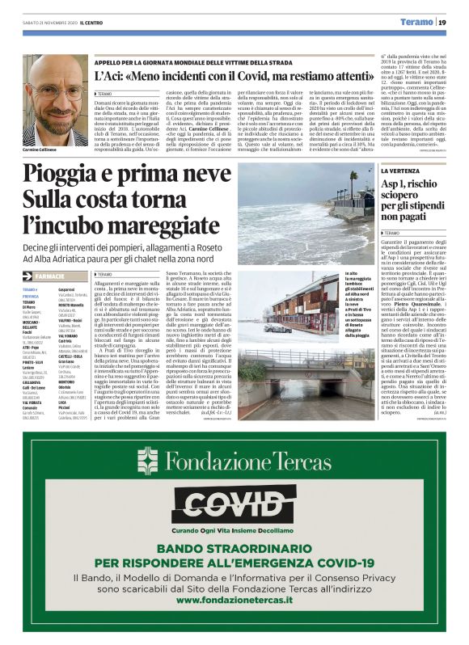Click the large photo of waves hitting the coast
pos(305,214)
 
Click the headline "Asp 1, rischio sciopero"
pos(411,203)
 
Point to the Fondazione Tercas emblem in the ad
pos(150,462)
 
